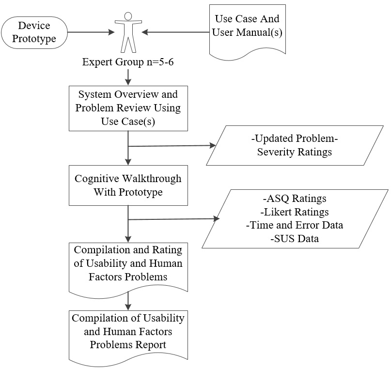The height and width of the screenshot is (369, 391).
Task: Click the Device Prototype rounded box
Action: click(34, 32)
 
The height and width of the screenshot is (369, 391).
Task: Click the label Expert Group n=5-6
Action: click(128, 62)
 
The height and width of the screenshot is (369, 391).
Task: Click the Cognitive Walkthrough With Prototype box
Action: click(128, 185)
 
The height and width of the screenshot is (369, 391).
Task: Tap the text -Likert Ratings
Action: click(294, 212)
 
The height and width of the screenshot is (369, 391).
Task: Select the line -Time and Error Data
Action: click(294, 225)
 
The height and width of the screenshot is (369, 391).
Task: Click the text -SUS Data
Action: click(294, 239)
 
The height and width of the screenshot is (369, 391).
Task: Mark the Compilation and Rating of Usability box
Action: click(128, 264)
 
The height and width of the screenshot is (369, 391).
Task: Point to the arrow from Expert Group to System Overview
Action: click(128, 76)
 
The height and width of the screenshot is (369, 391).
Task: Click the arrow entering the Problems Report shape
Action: click(128, 301)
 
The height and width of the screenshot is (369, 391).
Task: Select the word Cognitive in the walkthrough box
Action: click(95, 178)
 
